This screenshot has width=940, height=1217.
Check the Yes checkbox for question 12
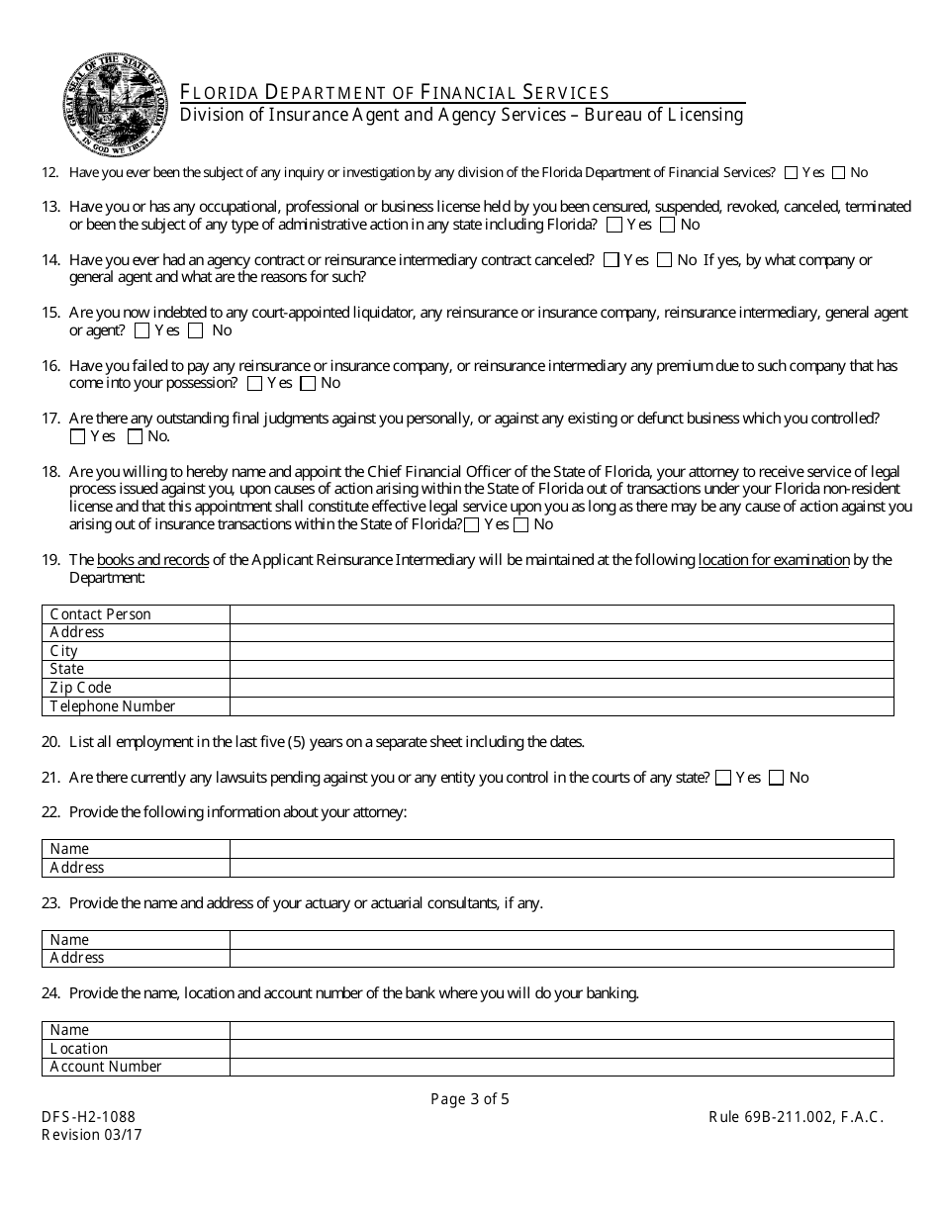point(791,172)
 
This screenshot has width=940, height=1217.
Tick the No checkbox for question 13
point(668,225)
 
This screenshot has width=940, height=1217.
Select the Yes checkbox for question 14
point(611,260)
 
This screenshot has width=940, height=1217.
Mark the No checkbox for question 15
point(196,330)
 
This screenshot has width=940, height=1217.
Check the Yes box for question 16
point(255,383)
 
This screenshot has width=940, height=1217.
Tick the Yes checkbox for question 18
point(472,524)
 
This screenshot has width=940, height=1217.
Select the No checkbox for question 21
point(777,778)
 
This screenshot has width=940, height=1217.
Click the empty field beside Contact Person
point(561,614)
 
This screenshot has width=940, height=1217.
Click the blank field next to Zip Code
point(561,688)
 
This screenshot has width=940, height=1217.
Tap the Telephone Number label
point(113,706)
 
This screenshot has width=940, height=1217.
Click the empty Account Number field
point(561,1067)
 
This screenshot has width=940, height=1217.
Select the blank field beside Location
point(561,1049)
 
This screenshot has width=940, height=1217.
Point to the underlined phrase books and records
point(153,560)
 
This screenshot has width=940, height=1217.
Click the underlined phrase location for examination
point(774,560)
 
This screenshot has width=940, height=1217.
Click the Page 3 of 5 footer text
point(470,1098)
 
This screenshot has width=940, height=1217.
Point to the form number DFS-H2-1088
point(88,1117)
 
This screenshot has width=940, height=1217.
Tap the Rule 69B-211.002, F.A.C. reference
point(796,1117)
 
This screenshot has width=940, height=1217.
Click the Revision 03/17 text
point(92,1135)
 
